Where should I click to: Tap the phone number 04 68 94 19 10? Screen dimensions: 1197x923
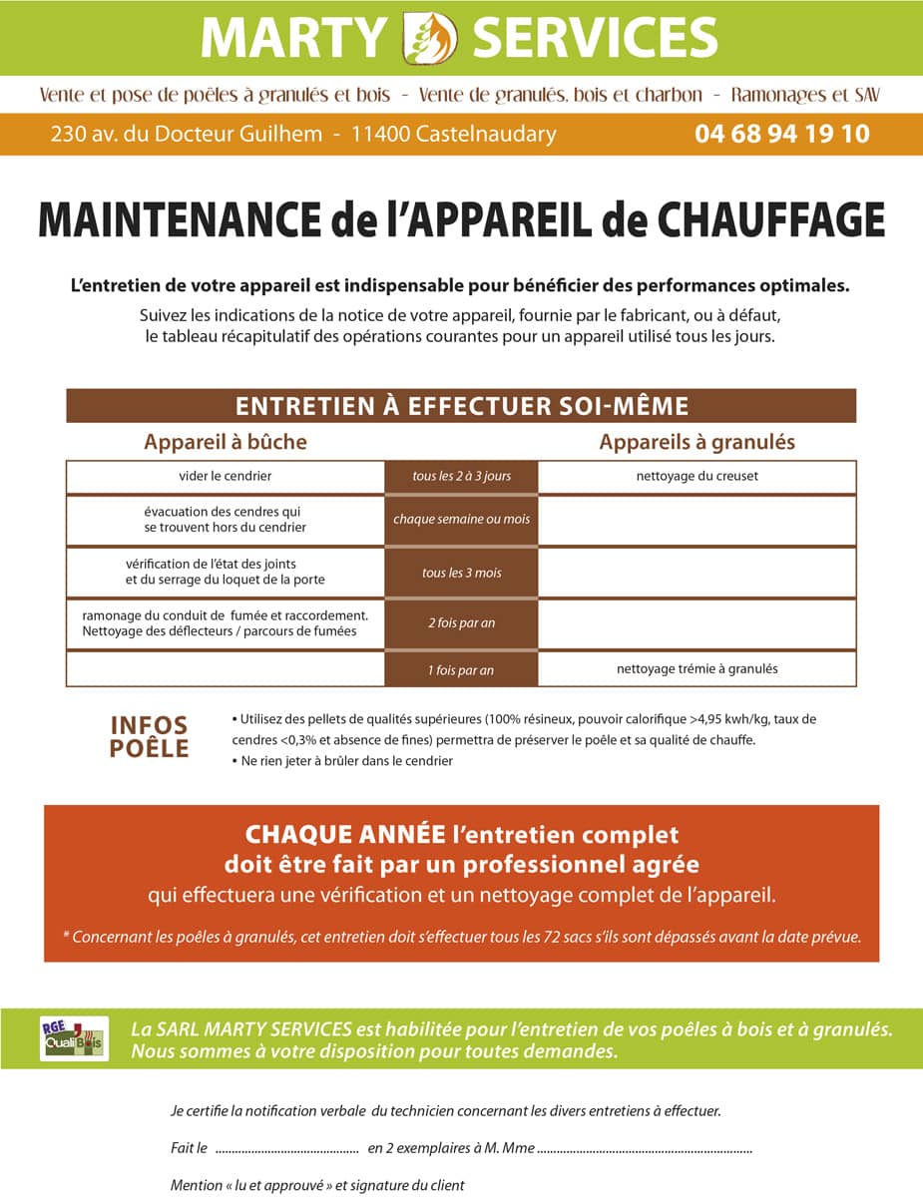[x=781, y=134]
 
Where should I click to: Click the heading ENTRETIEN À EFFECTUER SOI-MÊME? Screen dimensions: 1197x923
[x=461, y=406]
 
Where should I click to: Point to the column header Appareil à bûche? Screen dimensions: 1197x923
[x=226, y=441]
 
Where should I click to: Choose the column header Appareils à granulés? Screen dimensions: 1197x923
[x=696, y=441]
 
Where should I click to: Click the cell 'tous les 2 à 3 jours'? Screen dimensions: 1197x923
[x=461, y=476]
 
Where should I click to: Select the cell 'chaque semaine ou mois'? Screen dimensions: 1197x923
[x=461, y=520]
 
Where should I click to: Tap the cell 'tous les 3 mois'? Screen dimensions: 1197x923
[x=461, y=573]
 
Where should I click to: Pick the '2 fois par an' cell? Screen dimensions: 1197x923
[x=461, y=623]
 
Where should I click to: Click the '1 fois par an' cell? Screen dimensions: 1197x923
[x=461, y=669]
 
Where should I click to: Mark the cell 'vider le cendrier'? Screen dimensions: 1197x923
[x=226, y=476]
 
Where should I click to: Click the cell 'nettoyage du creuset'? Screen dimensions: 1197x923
[x=696, y=476]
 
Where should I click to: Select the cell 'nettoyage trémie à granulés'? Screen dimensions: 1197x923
[x=696, y=668]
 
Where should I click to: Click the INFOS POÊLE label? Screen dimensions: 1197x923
[x=149, y=737]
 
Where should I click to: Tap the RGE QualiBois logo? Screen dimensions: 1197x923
[x=74, y=1037]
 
